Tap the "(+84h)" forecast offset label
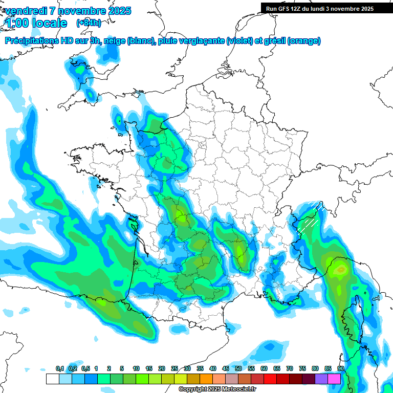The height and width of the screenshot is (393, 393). pos(89,23)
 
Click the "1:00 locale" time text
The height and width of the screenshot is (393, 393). pos(36,23)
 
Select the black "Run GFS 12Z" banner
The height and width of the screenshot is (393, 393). pos(319,8)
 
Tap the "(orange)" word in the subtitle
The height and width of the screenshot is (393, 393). pos(304,41)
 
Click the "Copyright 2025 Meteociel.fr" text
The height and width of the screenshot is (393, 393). pos(217,389)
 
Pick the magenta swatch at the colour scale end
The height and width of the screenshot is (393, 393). pos(334,379)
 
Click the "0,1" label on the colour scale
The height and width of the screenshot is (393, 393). pos(60,368)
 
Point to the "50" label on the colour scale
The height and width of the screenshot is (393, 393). pos(238,368)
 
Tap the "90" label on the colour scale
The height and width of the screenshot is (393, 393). pos(340,368)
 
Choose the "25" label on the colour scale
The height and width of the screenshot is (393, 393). pos(174,368)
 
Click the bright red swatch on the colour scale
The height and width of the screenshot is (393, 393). pos(270,379)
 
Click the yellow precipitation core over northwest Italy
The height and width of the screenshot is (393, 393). pos(339,267)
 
